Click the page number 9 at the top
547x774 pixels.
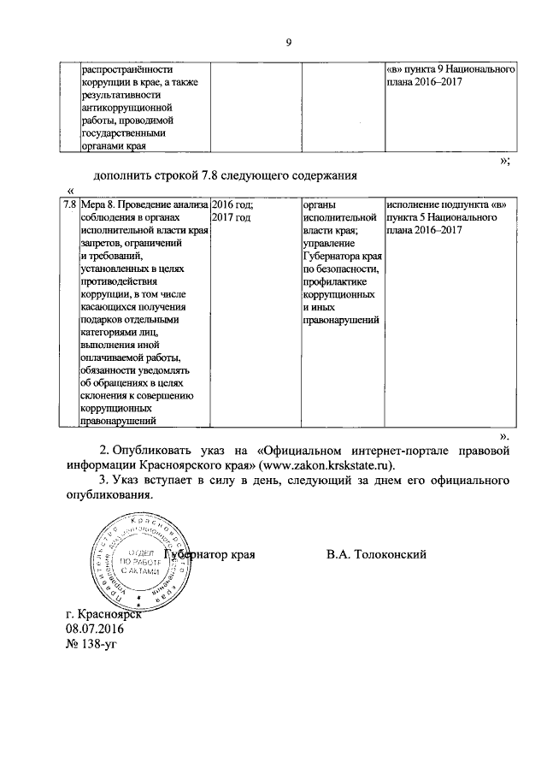[289, 39]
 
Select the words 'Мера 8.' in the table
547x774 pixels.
[97, 206]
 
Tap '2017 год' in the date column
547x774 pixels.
[231, 219]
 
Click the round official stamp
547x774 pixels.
[137, 562]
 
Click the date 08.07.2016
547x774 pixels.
[95, 629]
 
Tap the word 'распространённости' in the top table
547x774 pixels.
[127, 70]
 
